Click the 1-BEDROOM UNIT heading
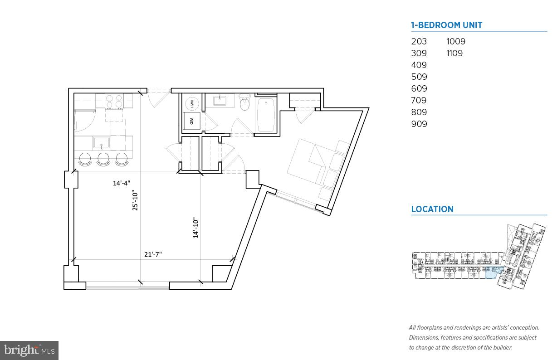click(x=446, y=25)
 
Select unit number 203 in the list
click(x=419, y=41)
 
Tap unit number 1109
click(x=454, y=53)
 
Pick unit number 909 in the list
click(x=419, y=124)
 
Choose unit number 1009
click(x=455, y=41)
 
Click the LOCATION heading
click(x=432, y=209)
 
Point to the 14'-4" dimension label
click(x=122, y=183)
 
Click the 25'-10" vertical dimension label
click(x=135, y=200)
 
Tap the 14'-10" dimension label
click(x=196, y=228)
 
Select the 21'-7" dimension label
click(x=153, y=254)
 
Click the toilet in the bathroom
click(x=245, y=103)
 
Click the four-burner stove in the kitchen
click(x=114, y=101)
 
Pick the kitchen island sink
click(x=102, y=143)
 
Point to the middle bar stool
click(x=103, y=159)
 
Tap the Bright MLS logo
click(x=29, y=350)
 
